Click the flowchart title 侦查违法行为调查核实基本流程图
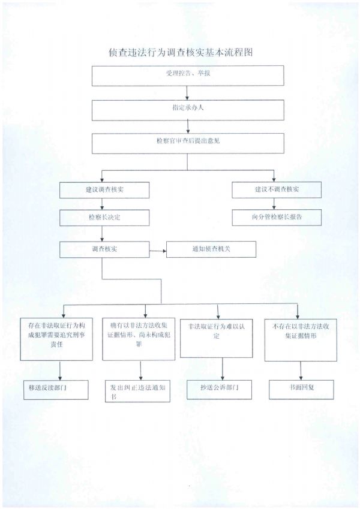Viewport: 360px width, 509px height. tap(179, 52)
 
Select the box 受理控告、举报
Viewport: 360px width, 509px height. tap(188, 74)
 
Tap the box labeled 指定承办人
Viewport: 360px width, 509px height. tap(188, 109)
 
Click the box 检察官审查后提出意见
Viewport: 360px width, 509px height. tap(188, 143)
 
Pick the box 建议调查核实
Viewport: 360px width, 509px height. tap(104, 189)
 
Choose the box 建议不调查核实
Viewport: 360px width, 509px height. tap(277, 189)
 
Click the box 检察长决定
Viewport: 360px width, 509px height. tap(104, 217)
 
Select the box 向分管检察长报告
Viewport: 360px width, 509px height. tap(277, 217)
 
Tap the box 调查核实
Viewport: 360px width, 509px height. tap(104, 249)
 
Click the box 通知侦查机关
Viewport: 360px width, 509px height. tap(211, 249)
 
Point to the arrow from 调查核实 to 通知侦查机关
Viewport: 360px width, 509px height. tap(158, 249)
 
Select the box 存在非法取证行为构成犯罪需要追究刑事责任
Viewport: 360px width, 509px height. tap(56, 338)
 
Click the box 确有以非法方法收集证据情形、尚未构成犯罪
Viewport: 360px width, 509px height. tap(139, 338)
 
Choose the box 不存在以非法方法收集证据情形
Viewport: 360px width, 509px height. tap(299, 338)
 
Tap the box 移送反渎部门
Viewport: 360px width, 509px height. tap(54, 389)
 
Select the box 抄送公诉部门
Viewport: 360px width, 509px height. tap(219, 389)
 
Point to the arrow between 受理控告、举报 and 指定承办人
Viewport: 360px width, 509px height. tap(188, 92)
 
